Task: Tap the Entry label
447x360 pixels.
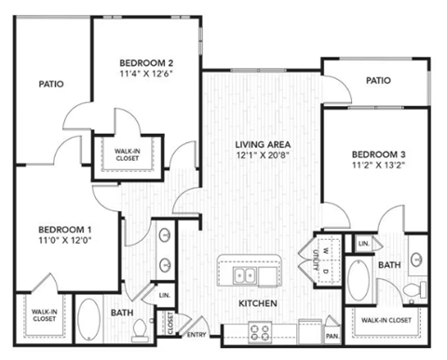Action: click(196, 335)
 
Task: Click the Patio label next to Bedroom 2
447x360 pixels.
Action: click(50, 84)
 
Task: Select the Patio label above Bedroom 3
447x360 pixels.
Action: click(377, 81)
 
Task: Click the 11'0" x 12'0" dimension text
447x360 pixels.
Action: click(65, 242)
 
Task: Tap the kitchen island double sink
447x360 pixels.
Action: click(247, 276)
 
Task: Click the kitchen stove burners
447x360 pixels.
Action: click(258, 330)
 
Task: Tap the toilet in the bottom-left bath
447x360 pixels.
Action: click(142, 328)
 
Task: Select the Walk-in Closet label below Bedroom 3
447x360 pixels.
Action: click(386, 320)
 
